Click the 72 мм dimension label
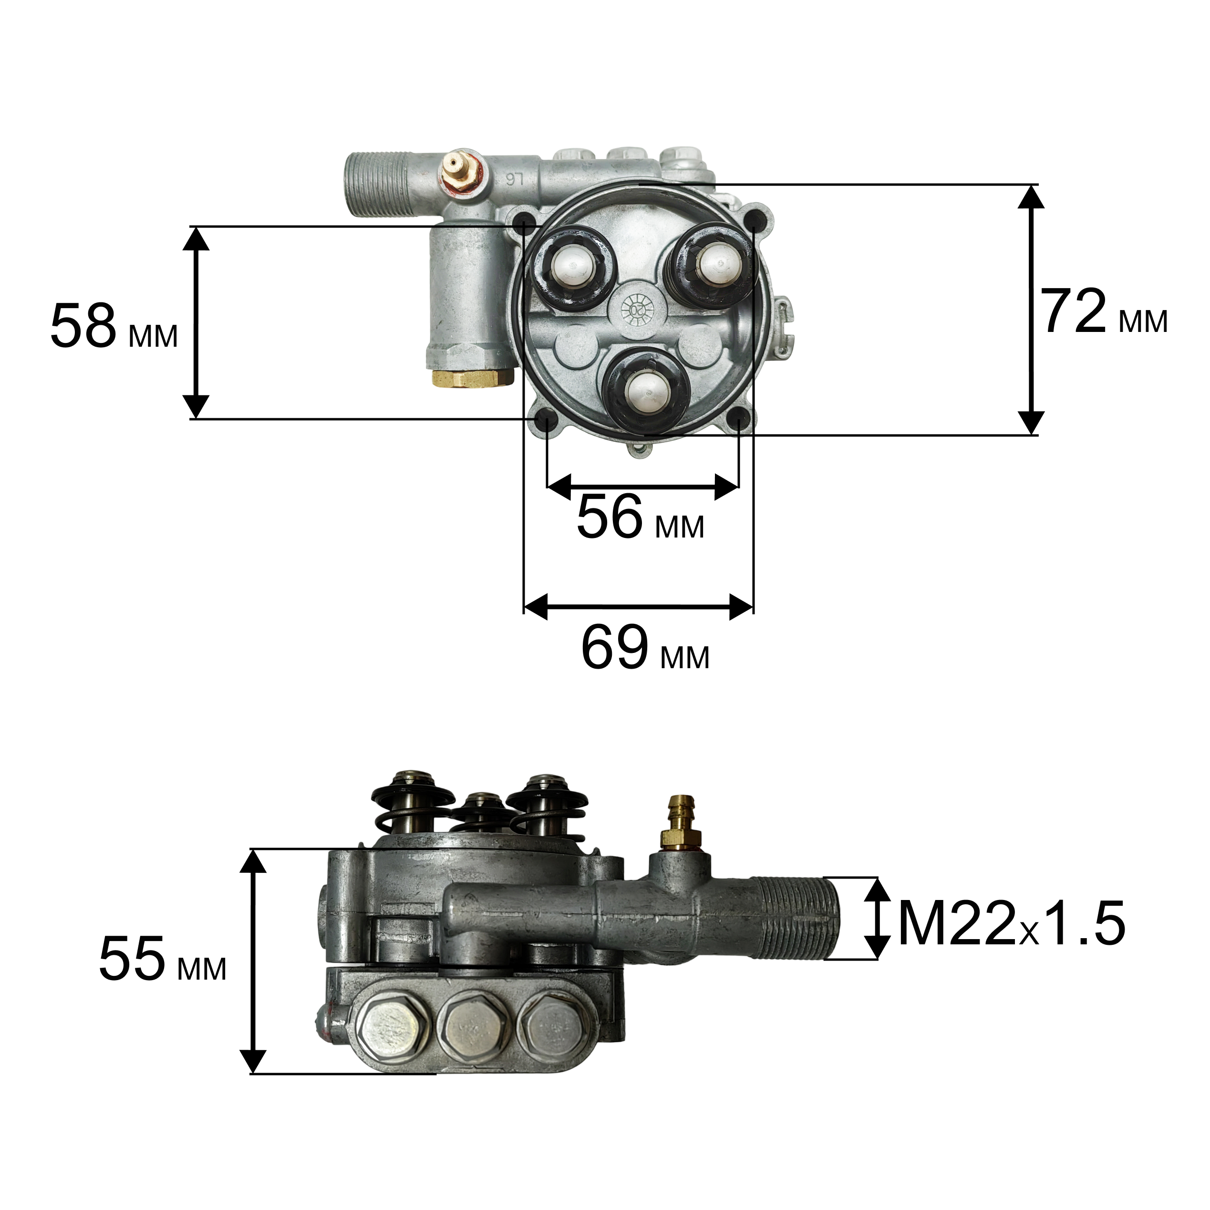point(1104,312)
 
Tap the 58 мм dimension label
point(114,326)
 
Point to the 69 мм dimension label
point(645,648)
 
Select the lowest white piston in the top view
point(648,392)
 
